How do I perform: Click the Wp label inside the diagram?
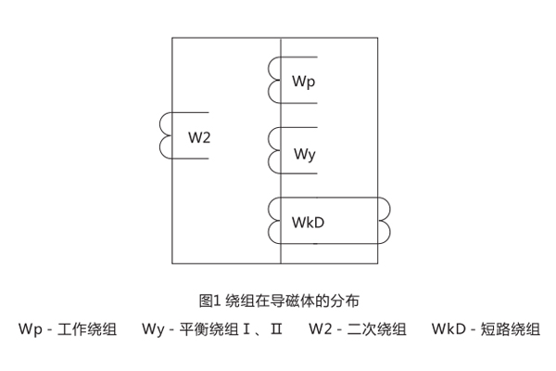(x=304, y=83)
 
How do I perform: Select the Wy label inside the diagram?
(x=305, y=153)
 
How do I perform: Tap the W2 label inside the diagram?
(x=199, y=138)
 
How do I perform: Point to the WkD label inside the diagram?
(x=309, y=223)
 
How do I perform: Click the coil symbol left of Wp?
(x=274, y=79)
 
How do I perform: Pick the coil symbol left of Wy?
(x=274, y=149)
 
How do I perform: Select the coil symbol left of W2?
(x=166, y=135)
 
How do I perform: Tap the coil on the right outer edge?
(x=385, y=220)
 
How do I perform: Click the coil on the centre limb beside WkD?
(x=274, y=220)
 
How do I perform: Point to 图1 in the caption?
(x=208, y=301)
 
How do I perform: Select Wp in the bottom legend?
(x=30, y=329)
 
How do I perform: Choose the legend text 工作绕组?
(x=87, y=329)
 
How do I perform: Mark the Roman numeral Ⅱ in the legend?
(x=276, y=329)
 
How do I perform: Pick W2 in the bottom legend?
(x=322, y=329)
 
